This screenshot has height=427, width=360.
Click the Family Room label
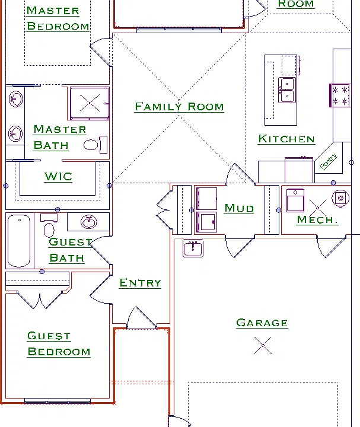(x=180, y=107)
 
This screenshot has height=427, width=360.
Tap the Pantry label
(x=329, y=161)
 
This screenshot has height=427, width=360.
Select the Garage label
(x=262, y=323)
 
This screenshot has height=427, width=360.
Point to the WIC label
(x=58, y=177)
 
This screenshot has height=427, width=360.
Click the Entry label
(x=140, y=283)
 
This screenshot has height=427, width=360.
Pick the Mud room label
(x=239, y=208)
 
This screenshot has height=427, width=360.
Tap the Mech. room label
(x=317, y=219)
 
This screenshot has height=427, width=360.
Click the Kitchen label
(x=286, y=139)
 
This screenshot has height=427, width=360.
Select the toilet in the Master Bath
(x=95, y=145)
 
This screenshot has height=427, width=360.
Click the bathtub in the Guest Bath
(x=19, y=241)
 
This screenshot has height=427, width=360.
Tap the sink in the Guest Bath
(x=88, y=222)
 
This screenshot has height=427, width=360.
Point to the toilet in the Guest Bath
(x=49, y=226)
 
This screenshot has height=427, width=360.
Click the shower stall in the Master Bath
(x=90, y=103)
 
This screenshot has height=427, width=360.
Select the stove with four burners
(x=340, y=95)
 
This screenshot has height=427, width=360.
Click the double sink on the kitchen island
(x=287, y=90)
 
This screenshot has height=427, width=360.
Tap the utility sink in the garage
(x=193, y=248)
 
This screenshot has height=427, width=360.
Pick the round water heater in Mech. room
(x=340, y=198)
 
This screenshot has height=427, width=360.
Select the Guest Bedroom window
(x=58, y=401)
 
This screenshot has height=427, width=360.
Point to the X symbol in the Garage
(x=263, y=345)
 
